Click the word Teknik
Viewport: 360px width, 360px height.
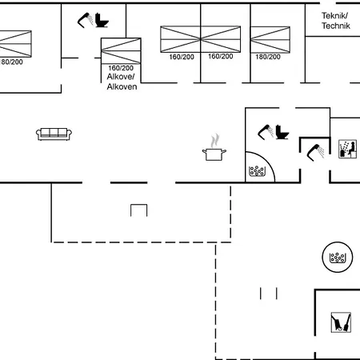[x=334, y=16]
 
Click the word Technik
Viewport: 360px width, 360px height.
[x=336, y=26]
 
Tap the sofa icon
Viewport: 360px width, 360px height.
[x=54, y=134]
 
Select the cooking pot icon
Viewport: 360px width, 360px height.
[x=214, y=154]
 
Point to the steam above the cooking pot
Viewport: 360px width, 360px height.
[x=215, y=141]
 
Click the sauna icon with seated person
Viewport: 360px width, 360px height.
[x=347, y=149]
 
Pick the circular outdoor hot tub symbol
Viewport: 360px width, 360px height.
[x=338, y=257]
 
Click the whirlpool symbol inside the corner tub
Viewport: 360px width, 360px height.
[x=257, y=171]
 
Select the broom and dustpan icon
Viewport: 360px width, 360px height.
[x=341, y=322]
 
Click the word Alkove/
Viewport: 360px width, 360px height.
[x=121, y=77]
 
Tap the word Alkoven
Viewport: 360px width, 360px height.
[x=122, y=86]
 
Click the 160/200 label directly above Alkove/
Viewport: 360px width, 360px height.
[x=121, y=68]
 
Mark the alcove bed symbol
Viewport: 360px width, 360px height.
[x=121, y=51]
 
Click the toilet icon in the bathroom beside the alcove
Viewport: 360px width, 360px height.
[x=102, y=20]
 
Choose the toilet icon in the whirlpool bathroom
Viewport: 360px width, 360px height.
[x=282, y=132]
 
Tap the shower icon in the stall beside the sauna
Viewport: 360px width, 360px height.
[x=316, y=153]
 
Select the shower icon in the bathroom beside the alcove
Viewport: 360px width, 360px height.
[x=86, y=20]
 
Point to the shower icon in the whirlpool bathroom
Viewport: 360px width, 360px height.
[x=266, y=132]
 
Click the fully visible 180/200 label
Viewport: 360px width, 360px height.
[x=268, y=57]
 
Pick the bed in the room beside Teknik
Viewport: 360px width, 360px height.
[x=270, y=39]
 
